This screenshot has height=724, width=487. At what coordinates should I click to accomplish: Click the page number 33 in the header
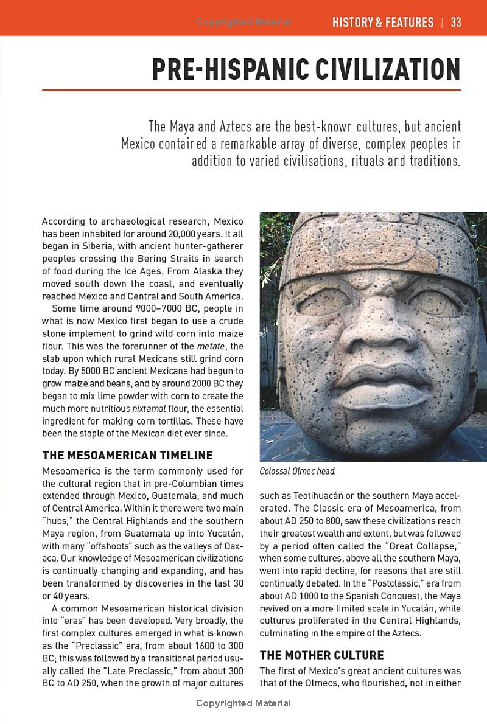point(456,23)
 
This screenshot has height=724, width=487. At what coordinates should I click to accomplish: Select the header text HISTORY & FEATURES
point(383,23)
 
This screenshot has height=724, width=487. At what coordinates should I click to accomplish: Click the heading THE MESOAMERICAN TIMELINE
point(127,455)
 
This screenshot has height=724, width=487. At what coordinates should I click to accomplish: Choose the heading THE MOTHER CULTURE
point(321,655)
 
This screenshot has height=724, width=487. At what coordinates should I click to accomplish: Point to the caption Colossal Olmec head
point(298,471)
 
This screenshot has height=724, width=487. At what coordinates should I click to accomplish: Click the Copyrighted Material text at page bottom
point(243,703)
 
